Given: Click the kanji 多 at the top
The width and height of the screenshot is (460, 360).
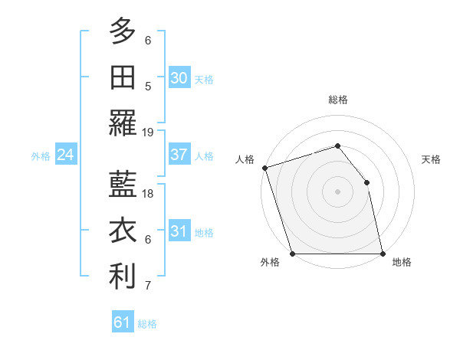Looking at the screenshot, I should pos(123,31).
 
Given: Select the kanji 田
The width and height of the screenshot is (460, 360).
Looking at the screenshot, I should pos(123,77).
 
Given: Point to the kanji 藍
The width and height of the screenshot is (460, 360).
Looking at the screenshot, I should pos(123,184).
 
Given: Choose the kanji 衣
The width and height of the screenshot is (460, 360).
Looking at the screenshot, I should pos(123,231).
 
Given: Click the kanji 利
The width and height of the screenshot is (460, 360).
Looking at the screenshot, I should pos(123,277).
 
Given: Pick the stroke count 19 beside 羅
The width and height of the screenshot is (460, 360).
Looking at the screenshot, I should pos(149,132).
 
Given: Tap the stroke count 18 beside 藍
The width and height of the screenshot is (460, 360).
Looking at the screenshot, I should pos(149,193).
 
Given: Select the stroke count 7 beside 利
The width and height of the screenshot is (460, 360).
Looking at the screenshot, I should pos(148,286).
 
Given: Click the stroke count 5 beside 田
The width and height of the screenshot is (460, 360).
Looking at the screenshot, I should pos(148,87).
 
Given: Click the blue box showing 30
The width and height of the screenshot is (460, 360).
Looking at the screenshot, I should pos(179,77).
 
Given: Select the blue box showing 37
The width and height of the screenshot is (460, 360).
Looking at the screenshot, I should pos(179,155).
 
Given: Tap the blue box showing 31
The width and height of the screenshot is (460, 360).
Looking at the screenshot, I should pos(179,231).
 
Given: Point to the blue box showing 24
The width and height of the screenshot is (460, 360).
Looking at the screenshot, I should pos(65,155).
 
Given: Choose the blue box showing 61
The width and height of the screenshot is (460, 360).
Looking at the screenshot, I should pos(123,322).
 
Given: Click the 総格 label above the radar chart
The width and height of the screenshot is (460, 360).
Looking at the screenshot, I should pos(338,100).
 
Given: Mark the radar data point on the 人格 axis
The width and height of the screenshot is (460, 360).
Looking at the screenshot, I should pos(264,168).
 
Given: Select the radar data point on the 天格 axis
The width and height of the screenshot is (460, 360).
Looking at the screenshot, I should pos(366,182).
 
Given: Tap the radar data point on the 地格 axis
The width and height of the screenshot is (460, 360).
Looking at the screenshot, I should pos(383,254).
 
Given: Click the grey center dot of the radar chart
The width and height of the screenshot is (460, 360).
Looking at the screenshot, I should pos(338,191).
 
